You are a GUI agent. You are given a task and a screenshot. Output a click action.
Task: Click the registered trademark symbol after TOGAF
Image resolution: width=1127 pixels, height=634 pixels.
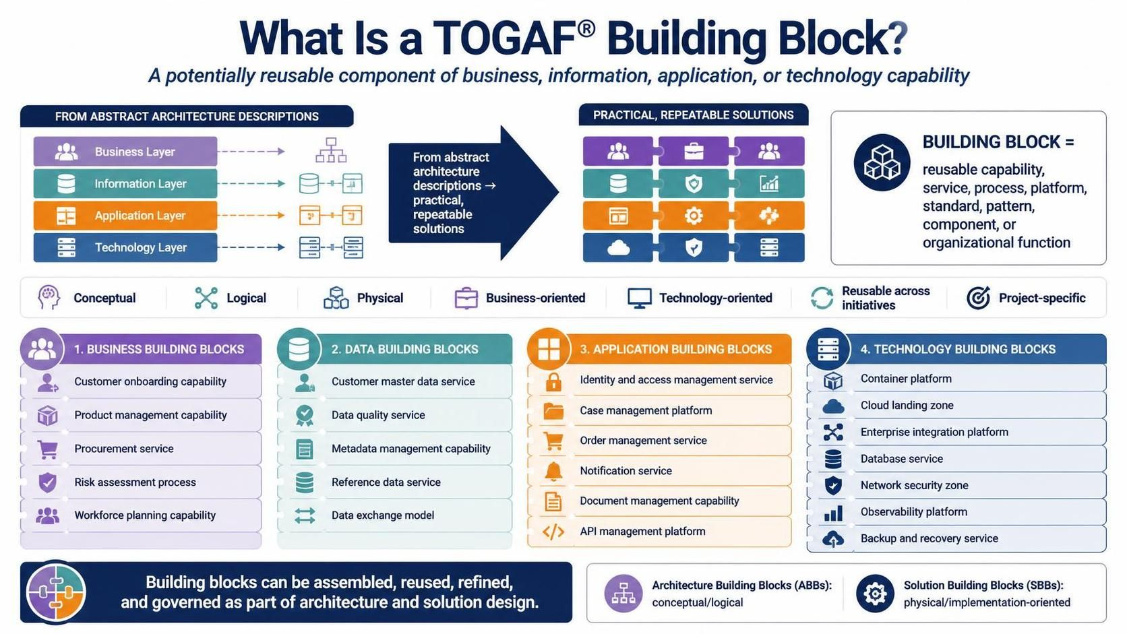(x=586, y=29)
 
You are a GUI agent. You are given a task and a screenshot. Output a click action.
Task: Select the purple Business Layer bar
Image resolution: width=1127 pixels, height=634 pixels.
(x=125, y=152)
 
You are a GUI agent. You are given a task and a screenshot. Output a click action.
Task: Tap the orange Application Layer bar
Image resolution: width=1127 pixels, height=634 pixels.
(x=125, y=215)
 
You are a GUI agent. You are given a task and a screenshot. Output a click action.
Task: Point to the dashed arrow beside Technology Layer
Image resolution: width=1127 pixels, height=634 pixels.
(x=251, y=247)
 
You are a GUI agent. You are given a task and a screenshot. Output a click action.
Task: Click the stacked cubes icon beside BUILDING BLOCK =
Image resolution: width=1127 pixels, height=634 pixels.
(x=882, y=162)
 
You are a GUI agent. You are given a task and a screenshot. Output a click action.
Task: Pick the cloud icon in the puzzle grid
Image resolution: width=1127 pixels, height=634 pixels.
(x=618, y=247)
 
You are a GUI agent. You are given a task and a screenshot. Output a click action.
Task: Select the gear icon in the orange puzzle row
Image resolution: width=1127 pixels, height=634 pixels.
(x=694, y=216)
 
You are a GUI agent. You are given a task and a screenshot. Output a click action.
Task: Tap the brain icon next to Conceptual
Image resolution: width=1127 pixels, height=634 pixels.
(x=49, y=297)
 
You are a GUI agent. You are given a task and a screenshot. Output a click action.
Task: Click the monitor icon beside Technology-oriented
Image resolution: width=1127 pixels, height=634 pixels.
(x=640, y=298)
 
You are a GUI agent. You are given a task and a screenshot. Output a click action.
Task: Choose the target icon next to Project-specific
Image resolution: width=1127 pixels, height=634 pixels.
(x=978, y=298)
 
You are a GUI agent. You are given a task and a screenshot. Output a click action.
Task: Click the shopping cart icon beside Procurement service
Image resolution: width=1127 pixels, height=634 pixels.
(x=48, y=449)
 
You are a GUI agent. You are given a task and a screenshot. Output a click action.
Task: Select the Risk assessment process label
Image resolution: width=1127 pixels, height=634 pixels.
(x=135, y=482)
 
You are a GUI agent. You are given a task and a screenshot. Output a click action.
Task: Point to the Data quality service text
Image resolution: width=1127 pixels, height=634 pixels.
(x=378, y=415)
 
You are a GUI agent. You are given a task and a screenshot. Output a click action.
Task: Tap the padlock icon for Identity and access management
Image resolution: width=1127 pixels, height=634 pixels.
(x=553, y=381)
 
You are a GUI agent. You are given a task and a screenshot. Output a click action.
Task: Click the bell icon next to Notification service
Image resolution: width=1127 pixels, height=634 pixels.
(x=553, y=471)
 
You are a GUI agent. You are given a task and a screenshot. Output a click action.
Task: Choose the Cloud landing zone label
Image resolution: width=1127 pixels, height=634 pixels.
(x=907, y=405)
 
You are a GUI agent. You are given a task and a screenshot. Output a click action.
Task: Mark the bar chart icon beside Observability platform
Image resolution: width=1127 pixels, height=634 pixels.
(x=833, y=513)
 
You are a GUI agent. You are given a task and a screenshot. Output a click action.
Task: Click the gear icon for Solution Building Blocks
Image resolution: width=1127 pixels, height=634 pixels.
(x=875, y=594)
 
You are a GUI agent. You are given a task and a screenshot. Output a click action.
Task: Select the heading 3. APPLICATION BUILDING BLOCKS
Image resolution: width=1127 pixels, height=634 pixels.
(x=675, y=349)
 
